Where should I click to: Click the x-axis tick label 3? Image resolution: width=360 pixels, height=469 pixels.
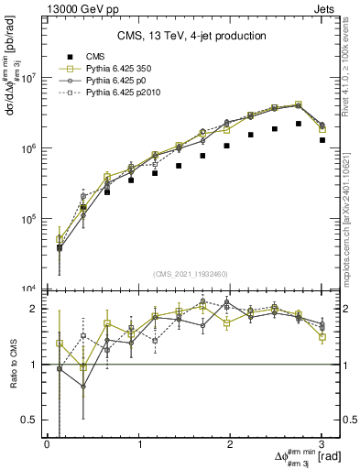pos(323,444)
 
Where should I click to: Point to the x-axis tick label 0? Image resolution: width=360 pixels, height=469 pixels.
pos(47,444)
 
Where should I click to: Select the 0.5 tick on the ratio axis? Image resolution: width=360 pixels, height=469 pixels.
pos(33,420)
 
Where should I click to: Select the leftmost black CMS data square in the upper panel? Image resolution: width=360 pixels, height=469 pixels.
pos(60,247)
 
